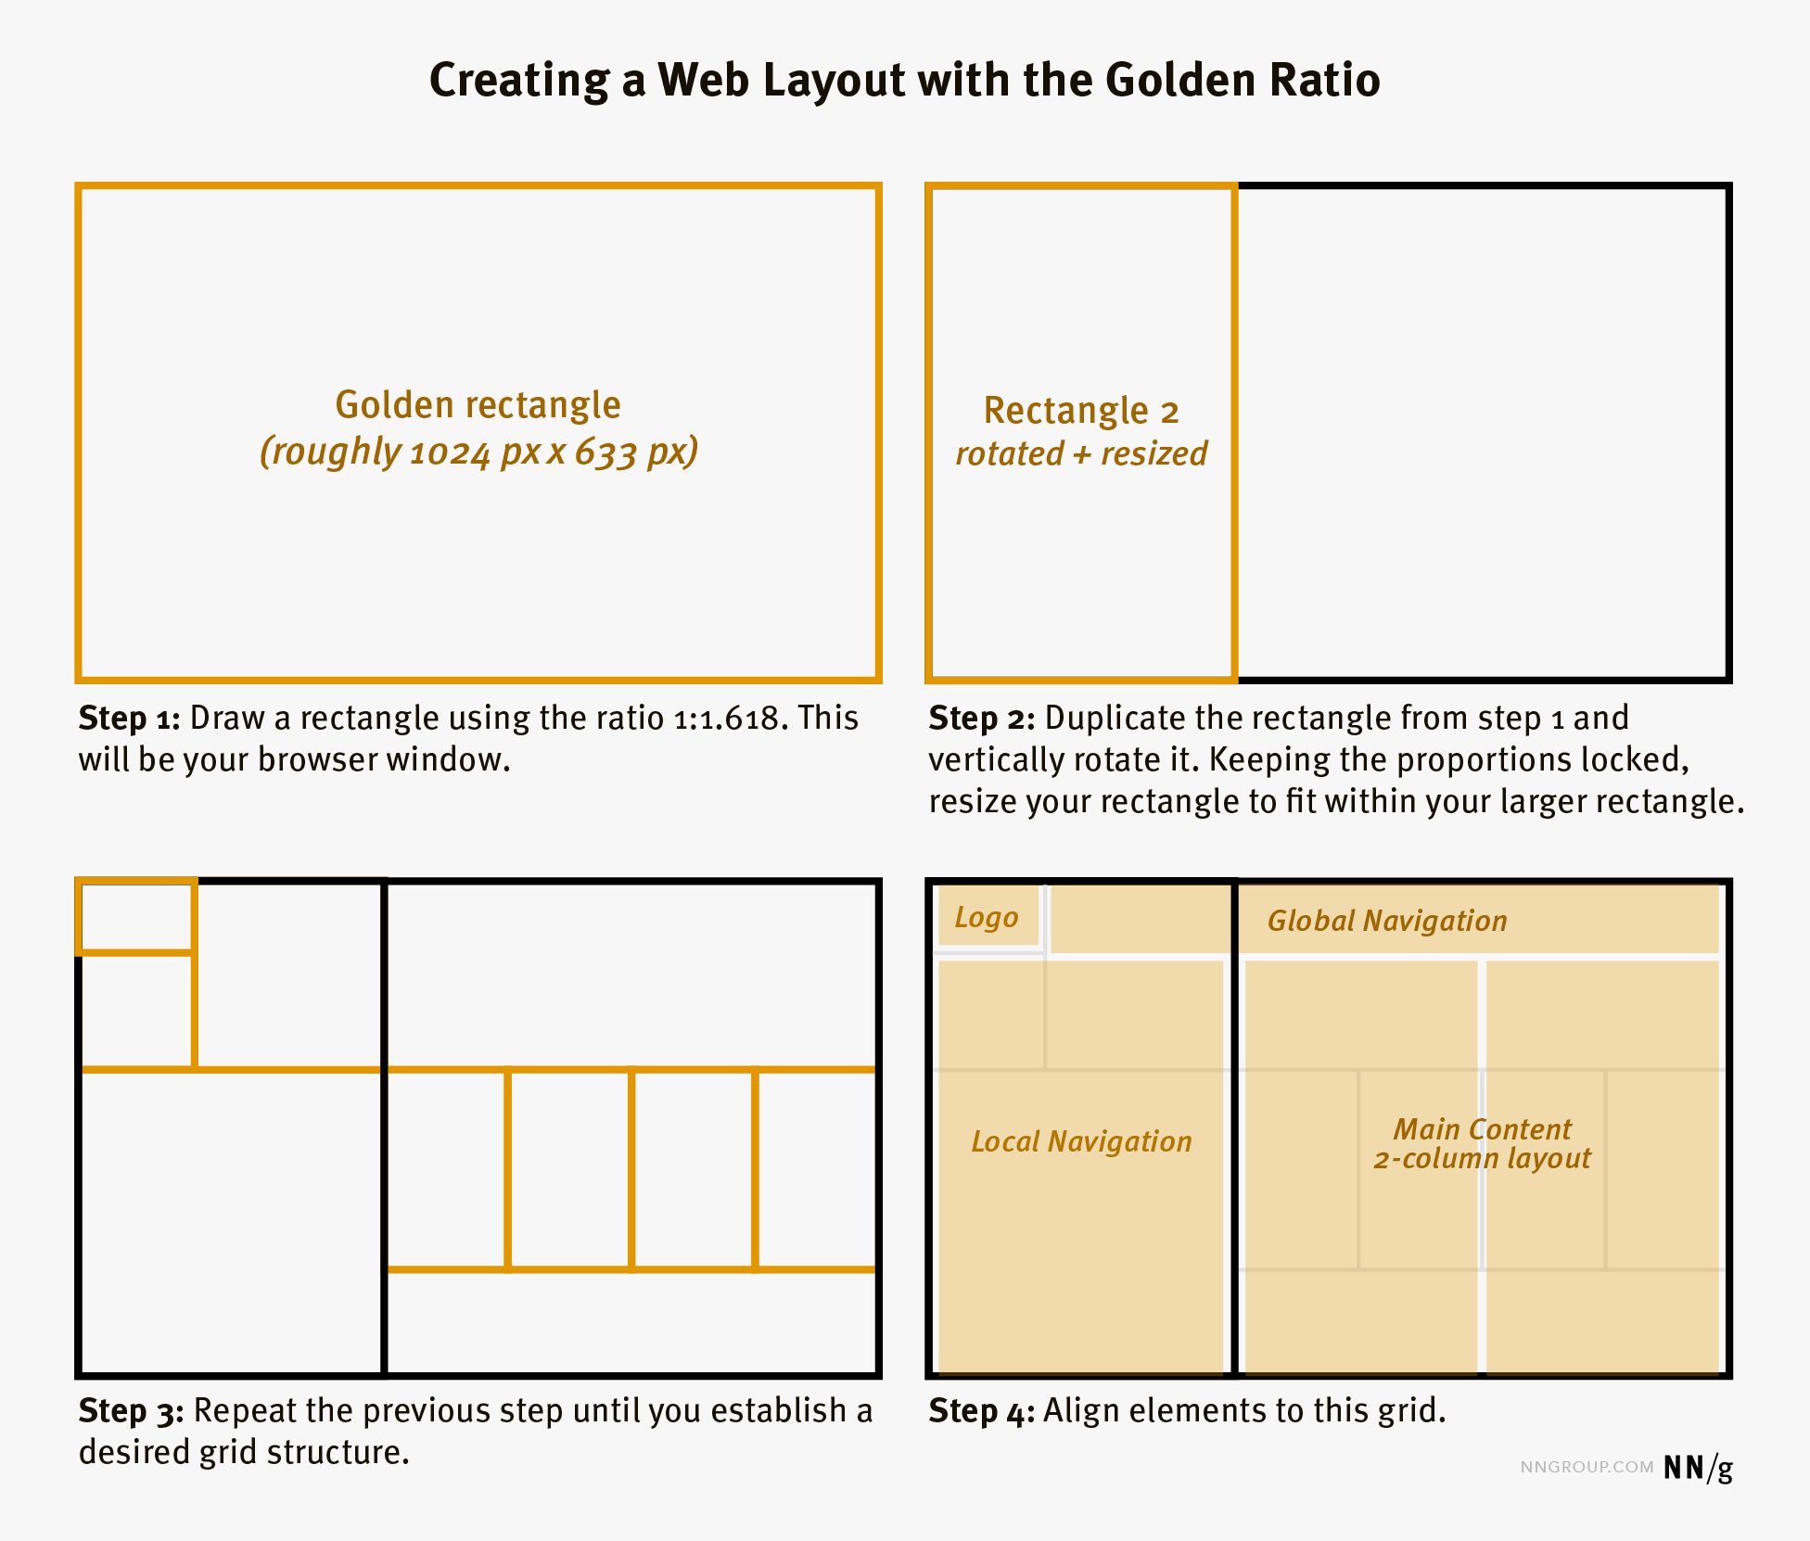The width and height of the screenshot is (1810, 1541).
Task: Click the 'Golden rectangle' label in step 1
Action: [x=478, y=405]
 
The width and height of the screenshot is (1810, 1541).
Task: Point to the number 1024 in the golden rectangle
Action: [x=449, y=452]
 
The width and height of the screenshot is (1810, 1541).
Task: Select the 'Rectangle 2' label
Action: [x=1081, y=411]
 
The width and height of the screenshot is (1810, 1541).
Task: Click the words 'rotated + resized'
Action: [x=1081, y=454]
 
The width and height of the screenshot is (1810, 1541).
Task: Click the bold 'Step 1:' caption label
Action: [x=129, y=719]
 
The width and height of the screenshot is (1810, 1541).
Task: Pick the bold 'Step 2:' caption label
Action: [x=981, y=719]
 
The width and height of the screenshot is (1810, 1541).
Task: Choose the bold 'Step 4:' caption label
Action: [x=981, y=1411]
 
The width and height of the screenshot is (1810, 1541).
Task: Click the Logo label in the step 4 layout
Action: [x=987, y=918]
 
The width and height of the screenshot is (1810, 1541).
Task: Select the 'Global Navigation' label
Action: [x=1387, y=921]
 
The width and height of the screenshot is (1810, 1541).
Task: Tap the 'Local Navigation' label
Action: [x=1081, y=1141]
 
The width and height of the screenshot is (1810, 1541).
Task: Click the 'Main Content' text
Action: [x=1482, y=1129]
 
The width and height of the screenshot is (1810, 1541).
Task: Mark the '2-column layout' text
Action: [x=1482, y=1159]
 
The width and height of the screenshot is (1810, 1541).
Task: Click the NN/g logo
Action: [x=1697, y=1468]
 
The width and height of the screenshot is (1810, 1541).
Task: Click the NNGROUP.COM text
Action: [x=1587, y=1468]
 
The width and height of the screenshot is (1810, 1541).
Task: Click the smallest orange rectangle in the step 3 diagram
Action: [x=137, y=917]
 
